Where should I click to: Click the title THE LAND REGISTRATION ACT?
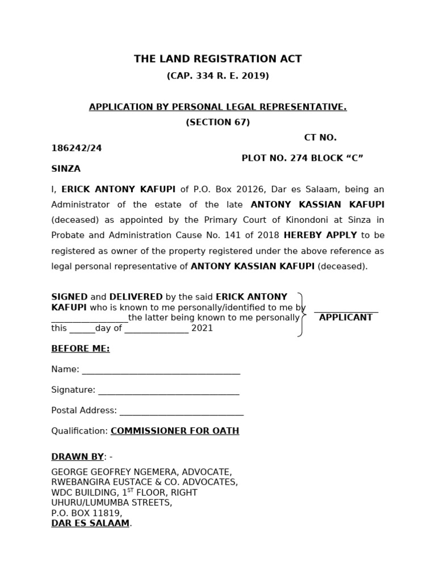[x=217, y=59]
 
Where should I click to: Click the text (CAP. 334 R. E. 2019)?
[x=217, y=76]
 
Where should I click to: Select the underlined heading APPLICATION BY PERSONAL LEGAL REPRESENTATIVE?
[x=217, y=107]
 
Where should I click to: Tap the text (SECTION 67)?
[x=217, y=122]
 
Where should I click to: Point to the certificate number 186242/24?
[x=77, y=148]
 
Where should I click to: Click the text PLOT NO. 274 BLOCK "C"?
[x=302, y=158]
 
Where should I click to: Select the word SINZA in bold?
[x=66, y=169]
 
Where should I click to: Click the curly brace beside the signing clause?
[x=303, y=314]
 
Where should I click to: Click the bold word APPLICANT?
[x=346, y=318]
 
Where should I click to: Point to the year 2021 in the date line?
[x=202, y=329]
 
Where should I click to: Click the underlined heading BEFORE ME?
[x=81, y=349]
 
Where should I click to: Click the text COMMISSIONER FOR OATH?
[x=175, y=431]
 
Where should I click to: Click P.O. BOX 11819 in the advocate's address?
[x=86, y=513]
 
